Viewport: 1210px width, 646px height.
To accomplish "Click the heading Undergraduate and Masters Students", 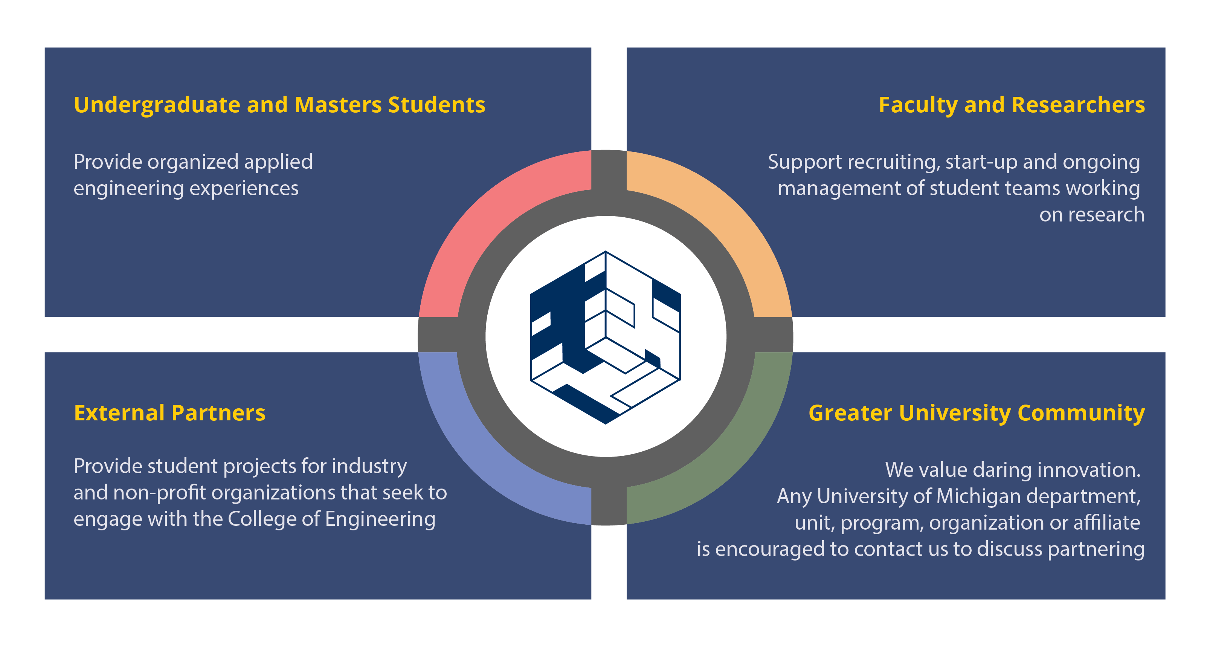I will [279, 105].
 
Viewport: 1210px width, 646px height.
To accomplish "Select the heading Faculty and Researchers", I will [1011, 105].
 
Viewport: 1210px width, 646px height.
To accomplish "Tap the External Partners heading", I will [169, 413].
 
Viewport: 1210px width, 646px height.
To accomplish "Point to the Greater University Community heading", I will [976, 413].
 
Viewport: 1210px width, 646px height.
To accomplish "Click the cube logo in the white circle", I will [606, 338].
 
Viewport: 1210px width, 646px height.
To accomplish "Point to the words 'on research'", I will [1092, 215].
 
